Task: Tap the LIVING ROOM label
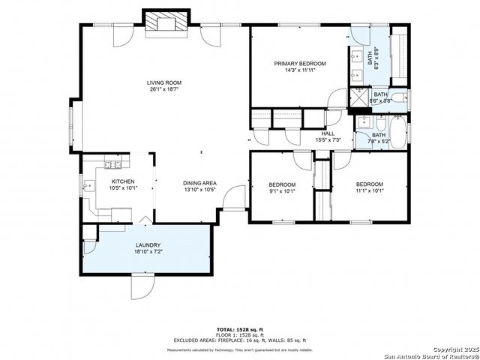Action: [x=163, y=82]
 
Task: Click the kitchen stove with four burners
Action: [x=112, y=163]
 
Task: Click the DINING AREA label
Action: [x=199, y=183]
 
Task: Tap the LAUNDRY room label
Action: [x=148, y=245]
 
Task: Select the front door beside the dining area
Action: [x=236, y=199]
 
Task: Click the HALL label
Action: [x=328, y=133]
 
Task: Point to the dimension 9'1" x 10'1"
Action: [x=282, y=190]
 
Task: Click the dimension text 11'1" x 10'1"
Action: [x=369, y=190]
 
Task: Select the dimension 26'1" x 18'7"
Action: [x=163, y=89]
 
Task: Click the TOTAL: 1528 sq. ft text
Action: [x=240, y=329]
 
